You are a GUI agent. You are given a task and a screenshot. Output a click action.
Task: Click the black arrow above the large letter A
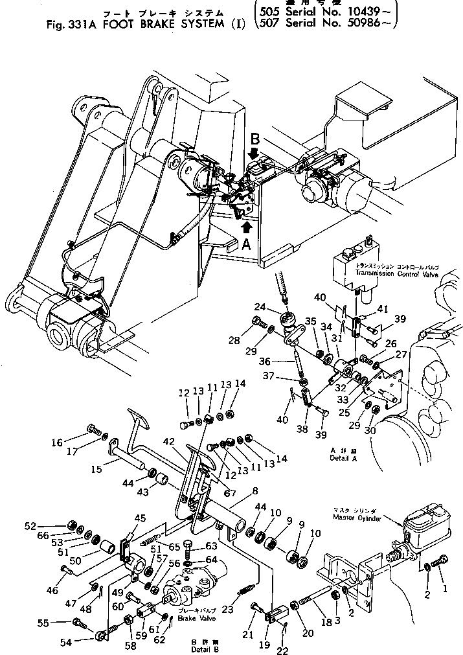point(246,226)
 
